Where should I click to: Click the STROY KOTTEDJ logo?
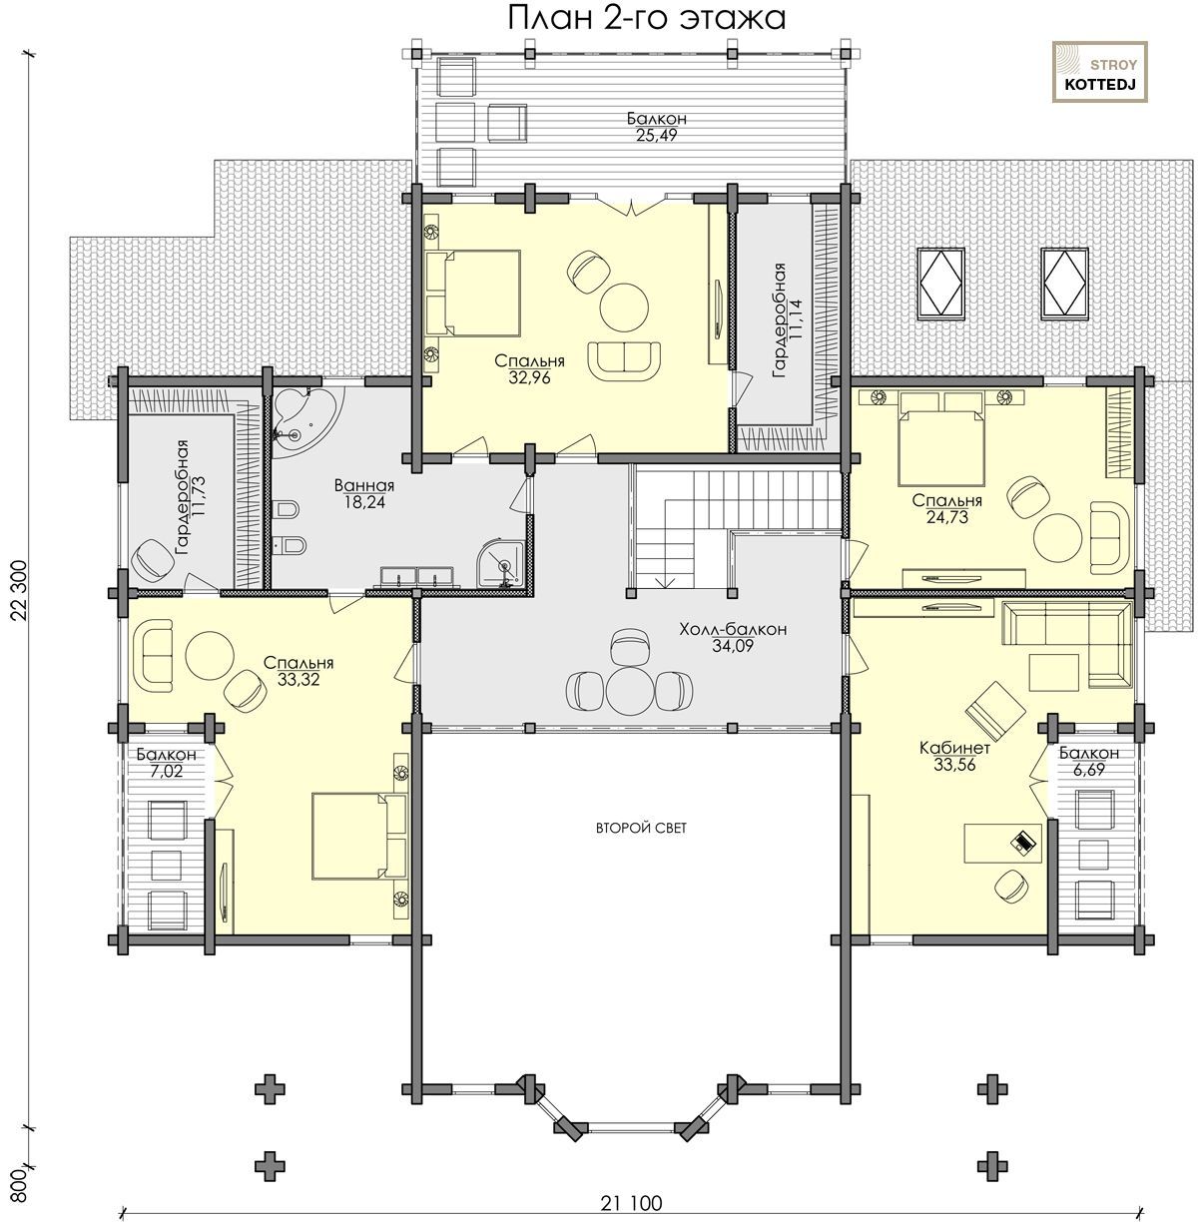(x=1100, y=72)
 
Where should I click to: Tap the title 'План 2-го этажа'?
(x=646, y=18)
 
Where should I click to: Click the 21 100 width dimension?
(x=631, y=1203)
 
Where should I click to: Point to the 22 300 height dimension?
(x=20, y=592)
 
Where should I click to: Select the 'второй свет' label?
(x=641, y=828)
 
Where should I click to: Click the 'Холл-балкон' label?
(x=733, y=629)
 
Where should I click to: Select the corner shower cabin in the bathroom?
(x=501, y=563)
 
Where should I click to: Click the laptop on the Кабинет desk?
(x=1023, y=841)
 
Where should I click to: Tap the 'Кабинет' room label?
(x=954, y=748)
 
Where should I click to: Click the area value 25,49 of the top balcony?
(x=656, y=135)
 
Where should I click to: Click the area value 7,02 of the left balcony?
(x=167, y=771)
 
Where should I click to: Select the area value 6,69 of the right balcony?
(x=1089, y=769)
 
